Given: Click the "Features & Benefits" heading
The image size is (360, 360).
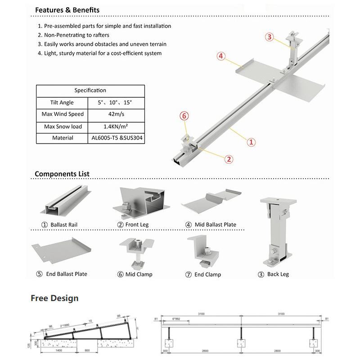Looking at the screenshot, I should pyautogui.click(x=67, y=10).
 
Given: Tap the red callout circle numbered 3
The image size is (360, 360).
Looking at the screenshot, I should pyautogui.click(x=269, y=37).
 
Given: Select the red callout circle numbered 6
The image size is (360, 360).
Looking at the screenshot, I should pyautogui.click(x=184, y=116).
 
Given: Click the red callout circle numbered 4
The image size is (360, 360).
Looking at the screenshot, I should pyautogui.click(x=221, y=56).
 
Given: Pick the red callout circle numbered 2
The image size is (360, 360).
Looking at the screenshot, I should pyautogui.click(x=229, y=158).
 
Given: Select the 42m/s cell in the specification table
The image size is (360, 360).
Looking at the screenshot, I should pyautogui.click(x=117, y=114).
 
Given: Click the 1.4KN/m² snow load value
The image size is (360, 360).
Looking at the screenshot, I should pyautogui.click(x=117, y=126).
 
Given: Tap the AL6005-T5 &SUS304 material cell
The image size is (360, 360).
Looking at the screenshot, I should pyautogui.click(x=117, y=138).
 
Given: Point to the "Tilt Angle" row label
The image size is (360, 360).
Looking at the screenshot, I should pyautogui.click(x=62, y=103).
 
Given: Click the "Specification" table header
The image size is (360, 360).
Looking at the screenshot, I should pyautogui.click(x=90, y=90).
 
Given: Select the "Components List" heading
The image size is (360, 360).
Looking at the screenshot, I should pyautogui.click(x=62, y=174).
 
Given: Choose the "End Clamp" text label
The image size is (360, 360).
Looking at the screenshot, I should pyautogui.click(x=207, y=274).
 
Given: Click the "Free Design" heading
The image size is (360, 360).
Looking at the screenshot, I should pyautogui.click(x=54, y=298).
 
